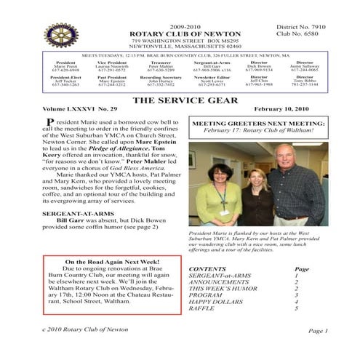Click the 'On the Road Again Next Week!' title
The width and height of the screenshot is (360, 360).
coord(108,262)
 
